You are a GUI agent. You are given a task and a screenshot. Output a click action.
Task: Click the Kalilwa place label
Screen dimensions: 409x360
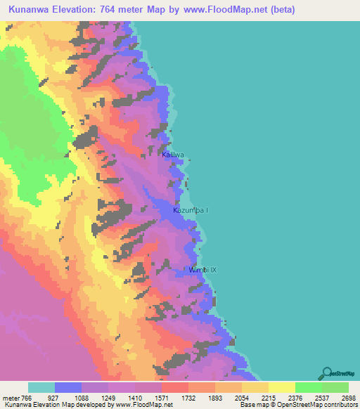(x=173, y=155)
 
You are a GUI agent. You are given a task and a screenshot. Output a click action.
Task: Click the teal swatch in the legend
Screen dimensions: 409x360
(x=41, y=387)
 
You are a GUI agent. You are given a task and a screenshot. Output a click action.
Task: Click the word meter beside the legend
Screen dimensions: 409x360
(x=12, y=398)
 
